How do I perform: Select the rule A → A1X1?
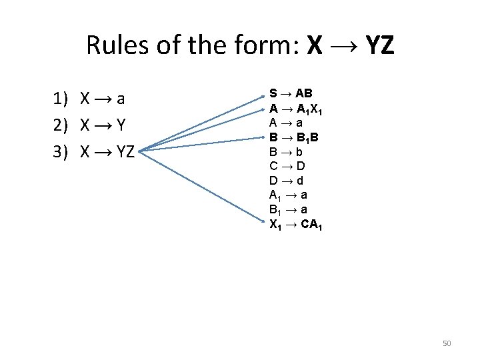tap(297, 109)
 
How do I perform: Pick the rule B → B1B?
tap(294, 137)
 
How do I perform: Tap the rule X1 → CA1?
tap(296, 224)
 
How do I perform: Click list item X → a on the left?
tap(103, 99)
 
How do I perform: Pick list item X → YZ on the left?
tap(107, 152)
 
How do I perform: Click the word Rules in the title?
tap(116, 45)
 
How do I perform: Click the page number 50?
tap(447, 343)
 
